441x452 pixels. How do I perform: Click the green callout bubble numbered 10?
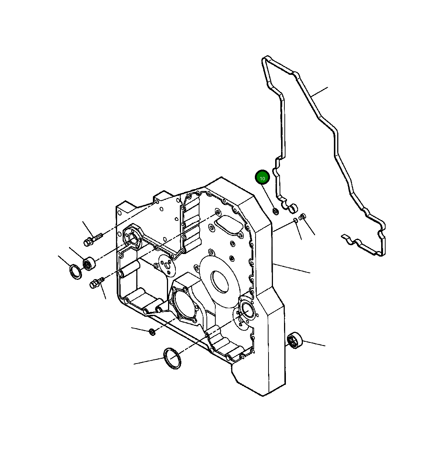pos(263,178)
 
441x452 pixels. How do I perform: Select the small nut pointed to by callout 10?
pos(276,211)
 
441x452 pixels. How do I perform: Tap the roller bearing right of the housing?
pos(295,340)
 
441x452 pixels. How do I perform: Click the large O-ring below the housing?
pos(172,358)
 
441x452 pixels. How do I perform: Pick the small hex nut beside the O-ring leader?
pos(152,332)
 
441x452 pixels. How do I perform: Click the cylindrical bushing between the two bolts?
pos(89,263)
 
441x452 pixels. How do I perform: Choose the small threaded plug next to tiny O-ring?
pos(303,217)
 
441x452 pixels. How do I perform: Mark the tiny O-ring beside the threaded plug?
pos(295,220)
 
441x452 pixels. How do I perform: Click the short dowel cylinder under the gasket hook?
pos(294,209)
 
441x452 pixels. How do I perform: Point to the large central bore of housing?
pos(220,281)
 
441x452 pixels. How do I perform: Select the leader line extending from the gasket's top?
pos(319,92)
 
